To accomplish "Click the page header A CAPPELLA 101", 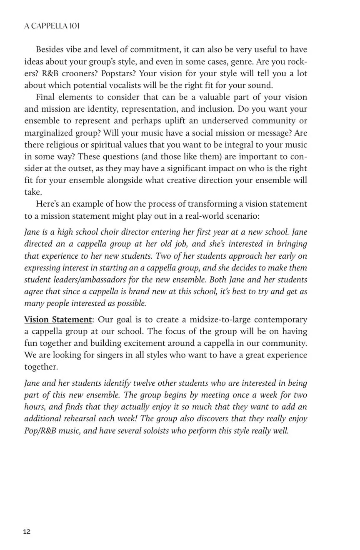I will (52, 26).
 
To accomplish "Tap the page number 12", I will (27, 532).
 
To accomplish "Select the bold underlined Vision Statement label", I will (58, 320).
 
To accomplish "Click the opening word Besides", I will (50, 50).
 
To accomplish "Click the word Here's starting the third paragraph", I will (47, 204).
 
